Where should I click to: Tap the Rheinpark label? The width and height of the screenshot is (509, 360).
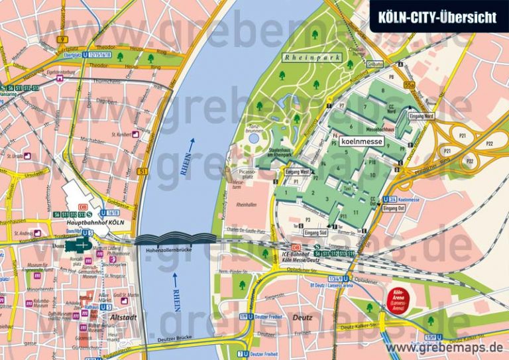311,58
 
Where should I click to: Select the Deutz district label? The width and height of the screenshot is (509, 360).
302,318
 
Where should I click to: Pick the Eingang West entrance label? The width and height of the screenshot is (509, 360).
297,172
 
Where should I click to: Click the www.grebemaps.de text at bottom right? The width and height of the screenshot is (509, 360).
444,347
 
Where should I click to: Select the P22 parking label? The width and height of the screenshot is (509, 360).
488,143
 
